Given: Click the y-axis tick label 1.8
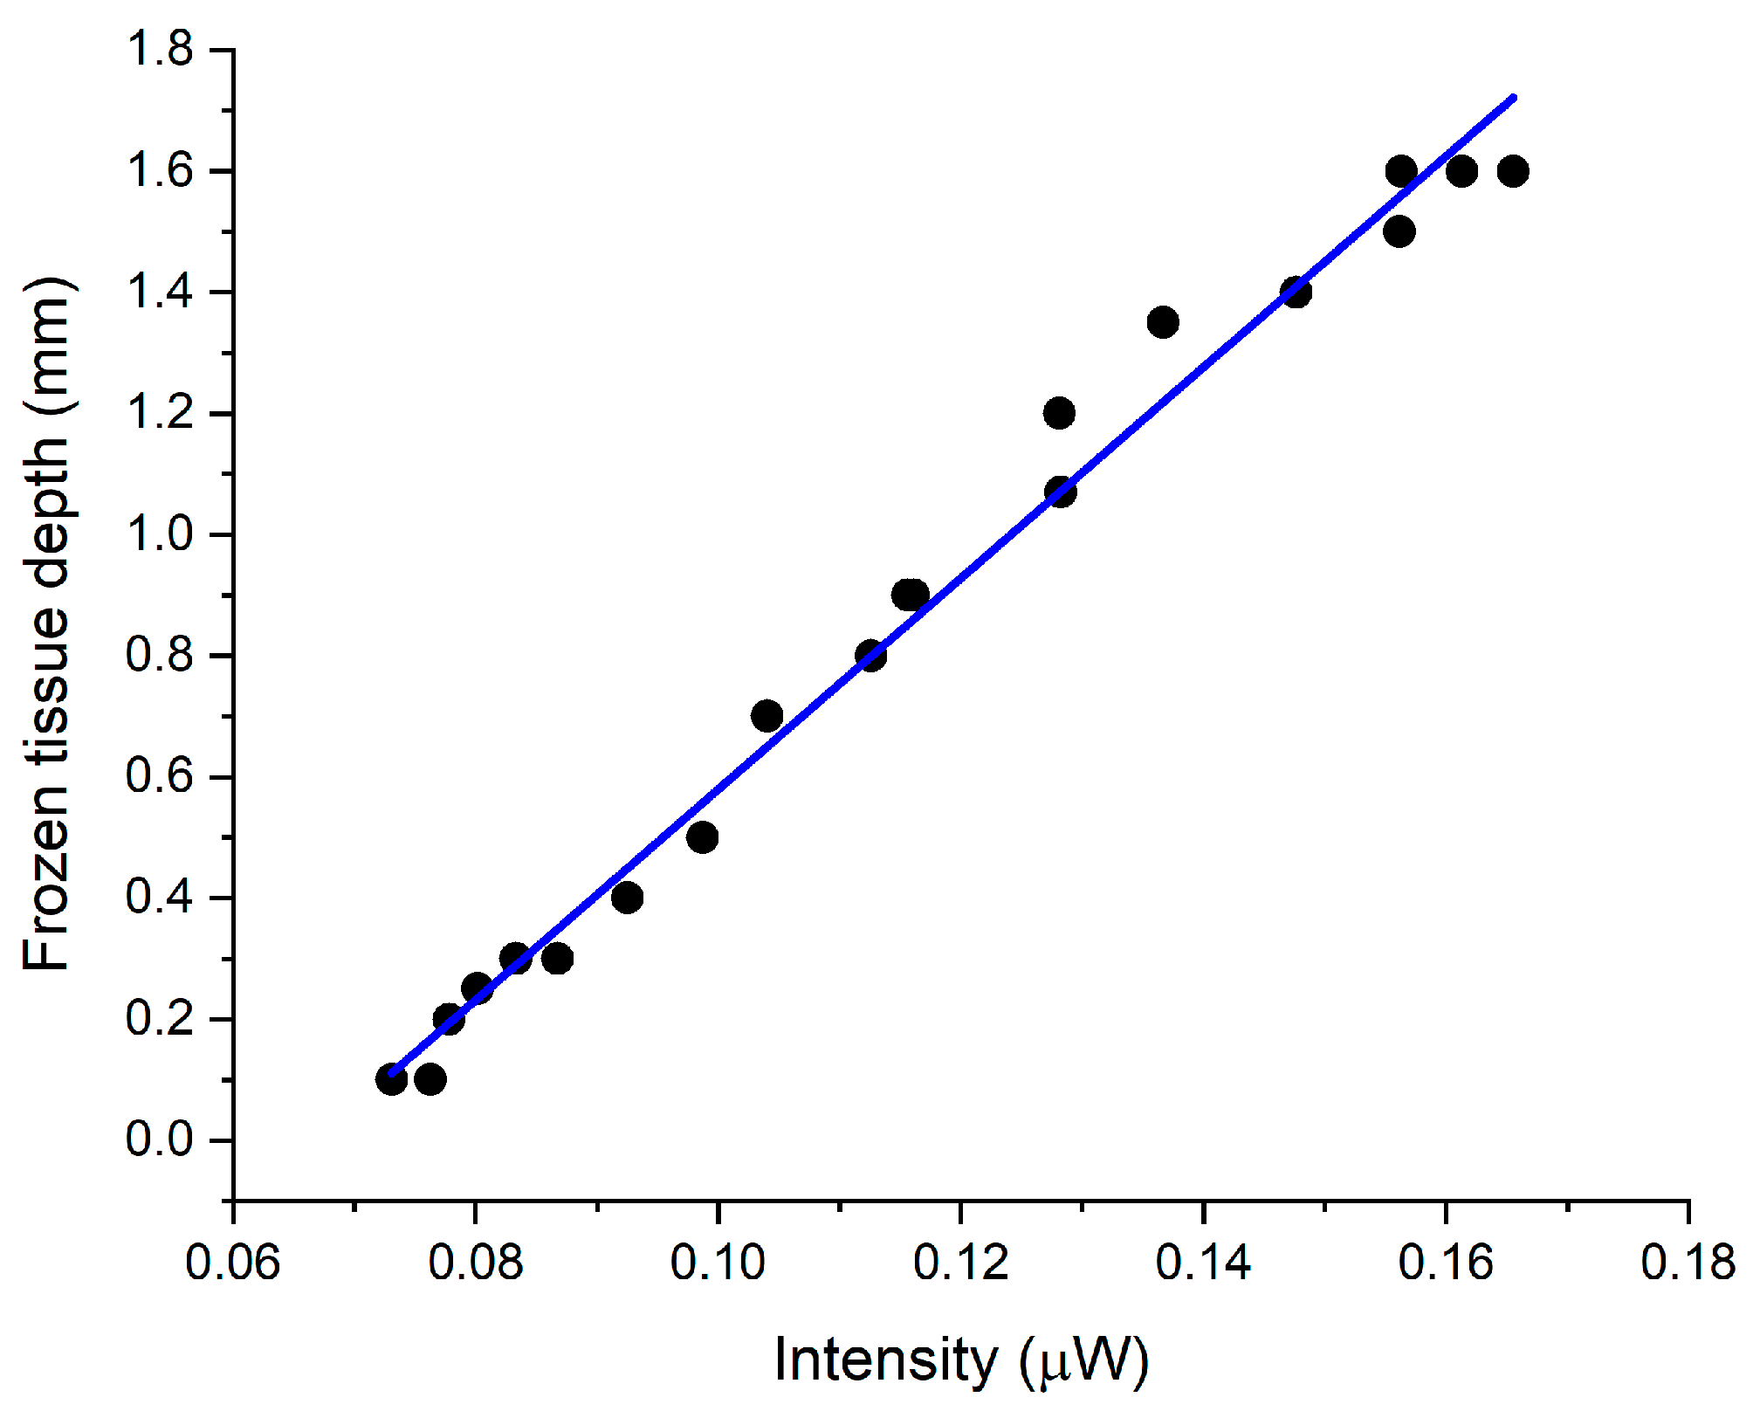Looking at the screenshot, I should tap(159, 50).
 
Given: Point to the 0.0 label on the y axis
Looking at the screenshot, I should tap(159, 1139).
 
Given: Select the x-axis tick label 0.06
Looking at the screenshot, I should tap(232, 1263).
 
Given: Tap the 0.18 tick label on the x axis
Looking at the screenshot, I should tap(1688, 1263).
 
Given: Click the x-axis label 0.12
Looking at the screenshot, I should tap(960, 1263).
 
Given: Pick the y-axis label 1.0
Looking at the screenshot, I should tap(159, 534).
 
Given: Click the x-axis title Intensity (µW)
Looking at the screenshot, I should tap(960, 1360).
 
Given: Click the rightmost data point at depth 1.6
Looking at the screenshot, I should tap(1513, 171).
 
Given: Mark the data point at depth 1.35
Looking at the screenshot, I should tap(1163, 322).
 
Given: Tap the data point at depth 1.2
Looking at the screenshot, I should tap(1059, 413).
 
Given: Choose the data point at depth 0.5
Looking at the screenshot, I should tap(702, 838).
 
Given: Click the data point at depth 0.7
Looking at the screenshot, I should tap(767, 717).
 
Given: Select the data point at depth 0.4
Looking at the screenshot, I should tap(627, 898).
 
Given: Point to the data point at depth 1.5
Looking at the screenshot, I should tap(1399, 232).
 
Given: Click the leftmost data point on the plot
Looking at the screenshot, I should tap(391, 1080).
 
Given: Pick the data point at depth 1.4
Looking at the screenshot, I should tap(1296, 292).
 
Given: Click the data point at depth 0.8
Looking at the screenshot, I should tap(870, 656).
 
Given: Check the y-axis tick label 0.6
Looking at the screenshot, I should tap(159, 776).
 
